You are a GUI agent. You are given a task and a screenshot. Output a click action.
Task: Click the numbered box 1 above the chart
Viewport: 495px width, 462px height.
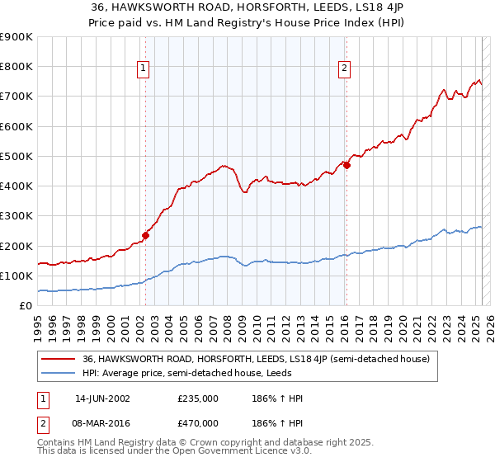(144, 68)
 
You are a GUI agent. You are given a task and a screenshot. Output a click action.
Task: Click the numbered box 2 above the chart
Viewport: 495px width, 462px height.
(344, 68)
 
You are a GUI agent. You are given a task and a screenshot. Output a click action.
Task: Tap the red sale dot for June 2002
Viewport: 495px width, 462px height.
(146, 235)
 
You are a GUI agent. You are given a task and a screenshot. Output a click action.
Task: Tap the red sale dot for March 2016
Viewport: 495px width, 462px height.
(346, 165)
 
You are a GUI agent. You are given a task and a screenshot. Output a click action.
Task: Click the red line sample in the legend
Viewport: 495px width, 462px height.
(58, 359)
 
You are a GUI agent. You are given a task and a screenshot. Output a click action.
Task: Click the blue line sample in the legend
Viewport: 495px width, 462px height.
(58, 373)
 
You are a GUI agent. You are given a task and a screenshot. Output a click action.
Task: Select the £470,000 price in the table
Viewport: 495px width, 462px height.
(198, 422)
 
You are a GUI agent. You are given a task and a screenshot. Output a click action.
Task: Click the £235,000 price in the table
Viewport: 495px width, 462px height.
(198, 398)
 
